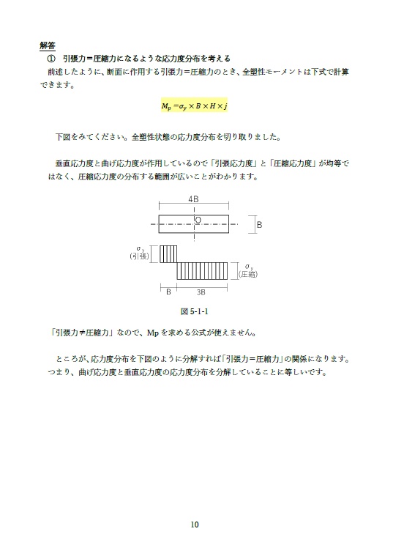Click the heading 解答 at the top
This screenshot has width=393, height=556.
point(49,45)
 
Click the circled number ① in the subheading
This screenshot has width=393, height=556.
point(51,59)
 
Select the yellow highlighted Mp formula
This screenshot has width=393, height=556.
point(194,106)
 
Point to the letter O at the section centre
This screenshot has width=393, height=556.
point(198,219)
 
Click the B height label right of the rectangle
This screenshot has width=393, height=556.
point(258,225)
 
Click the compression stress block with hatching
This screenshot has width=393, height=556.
point(206,270)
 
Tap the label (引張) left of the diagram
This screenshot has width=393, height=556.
point(139,256)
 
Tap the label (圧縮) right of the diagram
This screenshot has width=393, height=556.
point(250,275)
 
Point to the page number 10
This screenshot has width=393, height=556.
point(194,524)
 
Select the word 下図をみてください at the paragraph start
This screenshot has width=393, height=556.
point(87,137)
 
